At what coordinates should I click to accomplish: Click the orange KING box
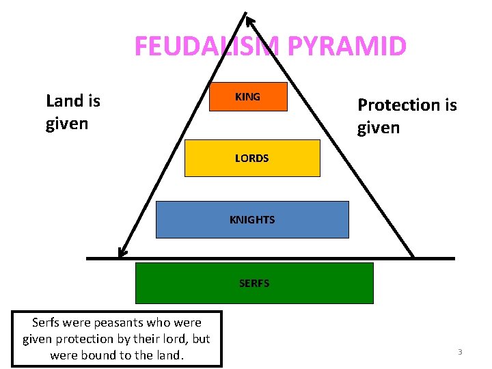point(247,97)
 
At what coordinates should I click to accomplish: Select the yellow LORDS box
point(251,159)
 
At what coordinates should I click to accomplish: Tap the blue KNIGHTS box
point(251,219)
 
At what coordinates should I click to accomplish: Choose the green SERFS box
point(254,283)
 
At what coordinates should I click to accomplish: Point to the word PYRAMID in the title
point(348,46)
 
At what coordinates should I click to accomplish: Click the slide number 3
point(460,352)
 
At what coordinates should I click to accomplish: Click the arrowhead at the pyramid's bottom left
point(122,252)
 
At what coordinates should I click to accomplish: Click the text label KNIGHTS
point(251,219)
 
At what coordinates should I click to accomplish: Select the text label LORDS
point(251,159)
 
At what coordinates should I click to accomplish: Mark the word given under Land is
point(67,124)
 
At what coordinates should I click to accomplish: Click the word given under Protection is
point(379,128)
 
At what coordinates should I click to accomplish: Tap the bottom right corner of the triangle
point(413,258)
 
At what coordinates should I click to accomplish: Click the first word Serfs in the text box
point(47,323)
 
